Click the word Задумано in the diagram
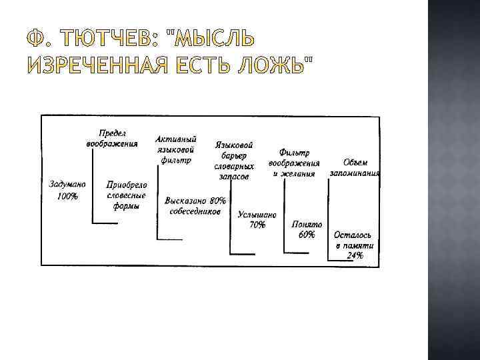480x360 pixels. pyautogui.click(x=63, y=184)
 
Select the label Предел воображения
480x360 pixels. pyautogui.click(x=112, y=138)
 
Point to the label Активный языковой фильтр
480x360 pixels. pyautogui.click(x=175, y=149)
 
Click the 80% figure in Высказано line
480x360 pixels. pyautogui.click(x=217, y=200)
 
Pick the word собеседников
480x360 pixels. pyautogui.click(x=193, y=210)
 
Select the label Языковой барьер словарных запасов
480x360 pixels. pyautogui.click(x=234, y=161)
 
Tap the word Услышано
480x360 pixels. pyautogui.click(x=257, y=215)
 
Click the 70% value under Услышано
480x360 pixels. pyautogui.click(x=257, y=225)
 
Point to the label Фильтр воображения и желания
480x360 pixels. pyautogui.click(x=293, y=163)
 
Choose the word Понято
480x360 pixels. pyautogui.click(x=307, y=225)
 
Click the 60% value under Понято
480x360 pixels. pyautogui.click(x=307, y=235)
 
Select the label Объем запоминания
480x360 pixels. pyautogui.click(x=355, y=167)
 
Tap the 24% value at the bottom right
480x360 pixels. pyautogui.click(x=355, y=255)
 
